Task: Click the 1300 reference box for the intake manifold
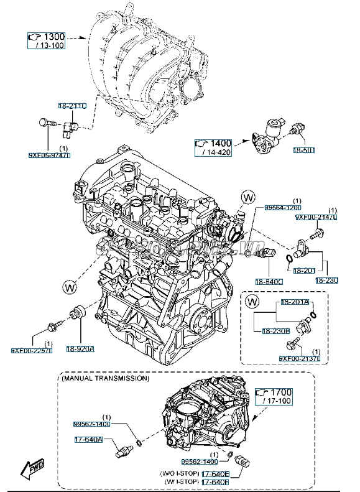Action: (47, 39)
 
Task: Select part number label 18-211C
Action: (73, 106)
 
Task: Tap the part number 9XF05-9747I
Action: (49, 155)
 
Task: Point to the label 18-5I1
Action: (305, 151)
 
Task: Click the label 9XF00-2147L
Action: (316, 217)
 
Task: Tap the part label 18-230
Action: (326, 281)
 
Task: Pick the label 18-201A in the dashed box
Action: (294, 302)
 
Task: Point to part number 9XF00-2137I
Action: (299, 358)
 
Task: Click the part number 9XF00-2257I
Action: (31, 350)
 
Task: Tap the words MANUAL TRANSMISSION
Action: (105, 378)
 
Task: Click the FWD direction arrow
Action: (30, 471)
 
